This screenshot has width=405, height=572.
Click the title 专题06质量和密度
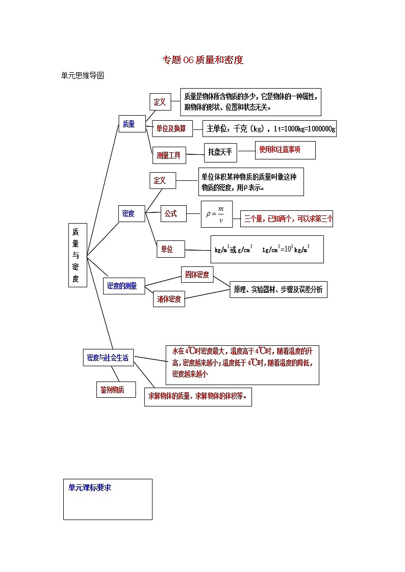click(202, 60)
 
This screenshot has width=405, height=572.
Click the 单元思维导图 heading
click(83, 75)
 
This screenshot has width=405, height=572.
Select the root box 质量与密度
click(78, 255)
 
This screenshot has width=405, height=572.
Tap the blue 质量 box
click(130, 124)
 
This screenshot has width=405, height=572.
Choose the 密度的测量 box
click(122, 286)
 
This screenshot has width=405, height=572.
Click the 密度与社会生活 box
click(108, 358)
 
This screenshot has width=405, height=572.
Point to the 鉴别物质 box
click(116, 390)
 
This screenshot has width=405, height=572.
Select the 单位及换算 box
click(172, 129)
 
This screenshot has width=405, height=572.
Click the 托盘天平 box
click(220, 152)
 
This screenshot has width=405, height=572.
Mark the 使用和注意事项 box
click(285, 150)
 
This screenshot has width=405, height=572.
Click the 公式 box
click(170, 214)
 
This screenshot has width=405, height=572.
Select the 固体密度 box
click(196, 275)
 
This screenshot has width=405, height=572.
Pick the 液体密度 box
click(169, 299)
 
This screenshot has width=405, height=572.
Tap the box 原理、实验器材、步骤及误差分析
click(278, 289)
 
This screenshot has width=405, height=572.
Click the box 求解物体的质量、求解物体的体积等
click(198, 396)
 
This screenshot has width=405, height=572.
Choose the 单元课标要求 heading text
click(90, 487)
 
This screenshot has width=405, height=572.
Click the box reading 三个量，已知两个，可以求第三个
click(288, 219)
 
